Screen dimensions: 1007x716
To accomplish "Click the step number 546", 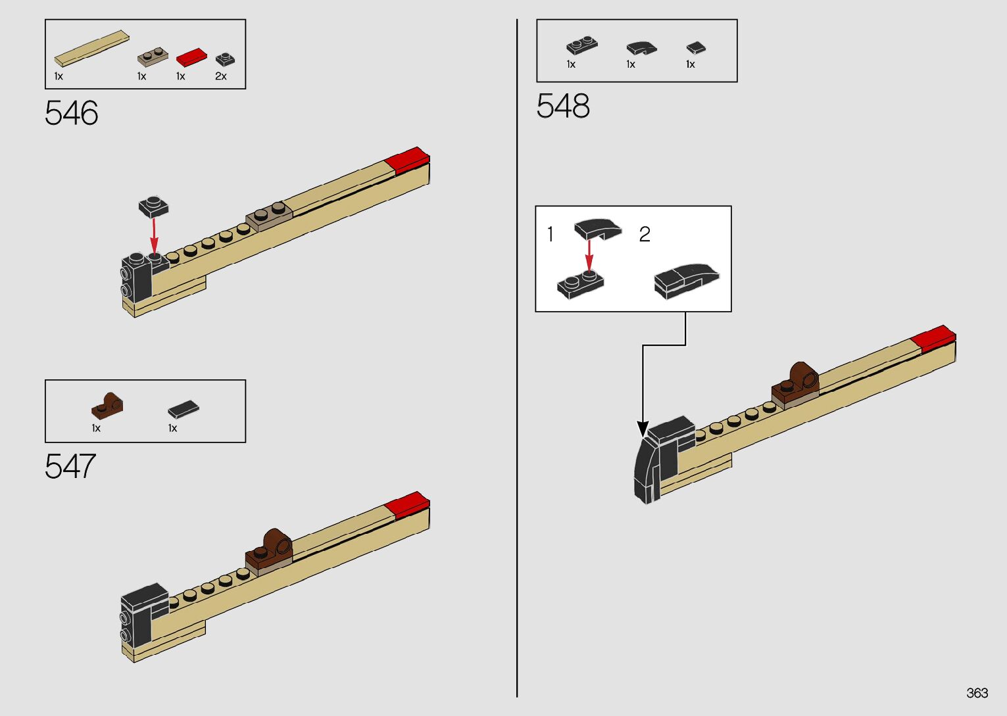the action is [x=71, y=114].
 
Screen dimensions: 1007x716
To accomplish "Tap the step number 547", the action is [x=70, y=467].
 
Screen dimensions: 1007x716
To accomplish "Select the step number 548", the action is [x=562, y=107].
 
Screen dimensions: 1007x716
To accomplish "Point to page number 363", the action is [x=977, y=693].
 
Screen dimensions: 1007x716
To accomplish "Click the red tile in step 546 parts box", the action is [x=191, y=58].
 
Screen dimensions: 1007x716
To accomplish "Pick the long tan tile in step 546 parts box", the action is [x=91, y=48].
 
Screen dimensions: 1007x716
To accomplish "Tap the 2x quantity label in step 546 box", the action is [x=221, y=76].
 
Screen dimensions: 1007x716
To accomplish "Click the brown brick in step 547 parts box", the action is [x=107, y=405].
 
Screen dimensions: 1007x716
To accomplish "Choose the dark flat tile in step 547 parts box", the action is [x=183, y=409].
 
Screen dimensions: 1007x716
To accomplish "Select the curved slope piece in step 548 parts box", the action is [x=641, y=48].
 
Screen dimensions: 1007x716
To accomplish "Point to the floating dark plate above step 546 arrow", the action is [x=153, y=207].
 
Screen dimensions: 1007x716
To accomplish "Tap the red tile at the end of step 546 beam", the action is [x=408, y=159].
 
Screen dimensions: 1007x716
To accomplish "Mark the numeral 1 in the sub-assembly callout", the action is [x=551, y=234].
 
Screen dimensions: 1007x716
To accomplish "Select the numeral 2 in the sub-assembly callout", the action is [x=645, y=234].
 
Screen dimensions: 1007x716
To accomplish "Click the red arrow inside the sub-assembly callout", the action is [x=589, y=254].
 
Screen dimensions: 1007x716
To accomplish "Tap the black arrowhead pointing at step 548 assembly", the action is [x=643, y=429].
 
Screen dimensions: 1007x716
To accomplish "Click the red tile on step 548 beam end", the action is [x=933, y=337].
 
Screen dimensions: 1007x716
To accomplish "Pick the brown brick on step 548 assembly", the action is [x=798, y=381].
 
